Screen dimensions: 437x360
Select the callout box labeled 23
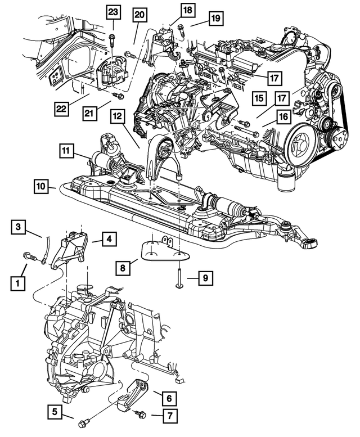113,12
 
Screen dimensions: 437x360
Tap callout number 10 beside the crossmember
40,186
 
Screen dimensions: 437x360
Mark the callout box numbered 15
259,98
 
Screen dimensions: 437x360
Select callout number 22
62,106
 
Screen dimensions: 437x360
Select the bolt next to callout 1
30,258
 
